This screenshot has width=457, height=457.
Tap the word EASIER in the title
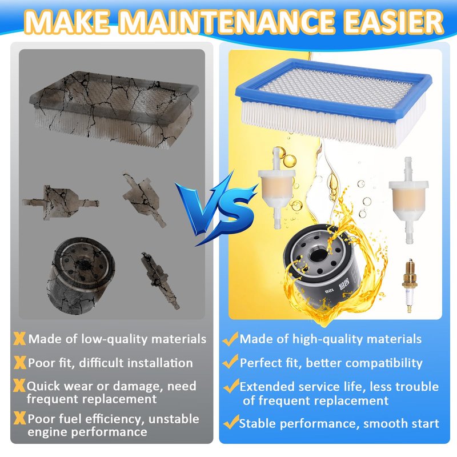[x=394, y=22]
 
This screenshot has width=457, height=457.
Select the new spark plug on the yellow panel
[x=410, y=286]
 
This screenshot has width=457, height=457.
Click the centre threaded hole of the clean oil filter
[x=316, y=255]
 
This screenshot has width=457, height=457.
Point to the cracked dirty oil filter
[x=81, y=275]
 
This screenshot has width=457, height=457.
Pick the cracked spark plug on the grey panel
[x=160, y=280]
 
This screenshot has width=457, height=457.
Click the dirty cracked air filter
[x=114, y=109]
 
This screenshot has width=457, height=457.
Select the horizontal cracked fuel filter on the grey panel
[x=61, y=202]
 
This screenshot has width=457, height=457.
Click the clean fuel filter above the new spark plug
[x=408, y=201]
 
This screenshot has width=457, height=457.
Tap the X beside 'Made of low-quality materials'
[x=19, y=339]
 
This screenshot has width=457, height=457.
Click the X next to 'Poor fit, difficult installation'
[x=20, y=363]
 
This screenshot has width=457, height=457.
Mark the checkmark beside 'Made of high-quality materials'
[x=230, y=339]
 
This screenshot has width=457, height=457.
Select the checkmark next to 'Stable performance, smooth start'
[x=231, y=422]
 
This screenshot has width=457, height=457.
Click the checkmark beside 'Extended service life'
[x=231, y=386]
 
